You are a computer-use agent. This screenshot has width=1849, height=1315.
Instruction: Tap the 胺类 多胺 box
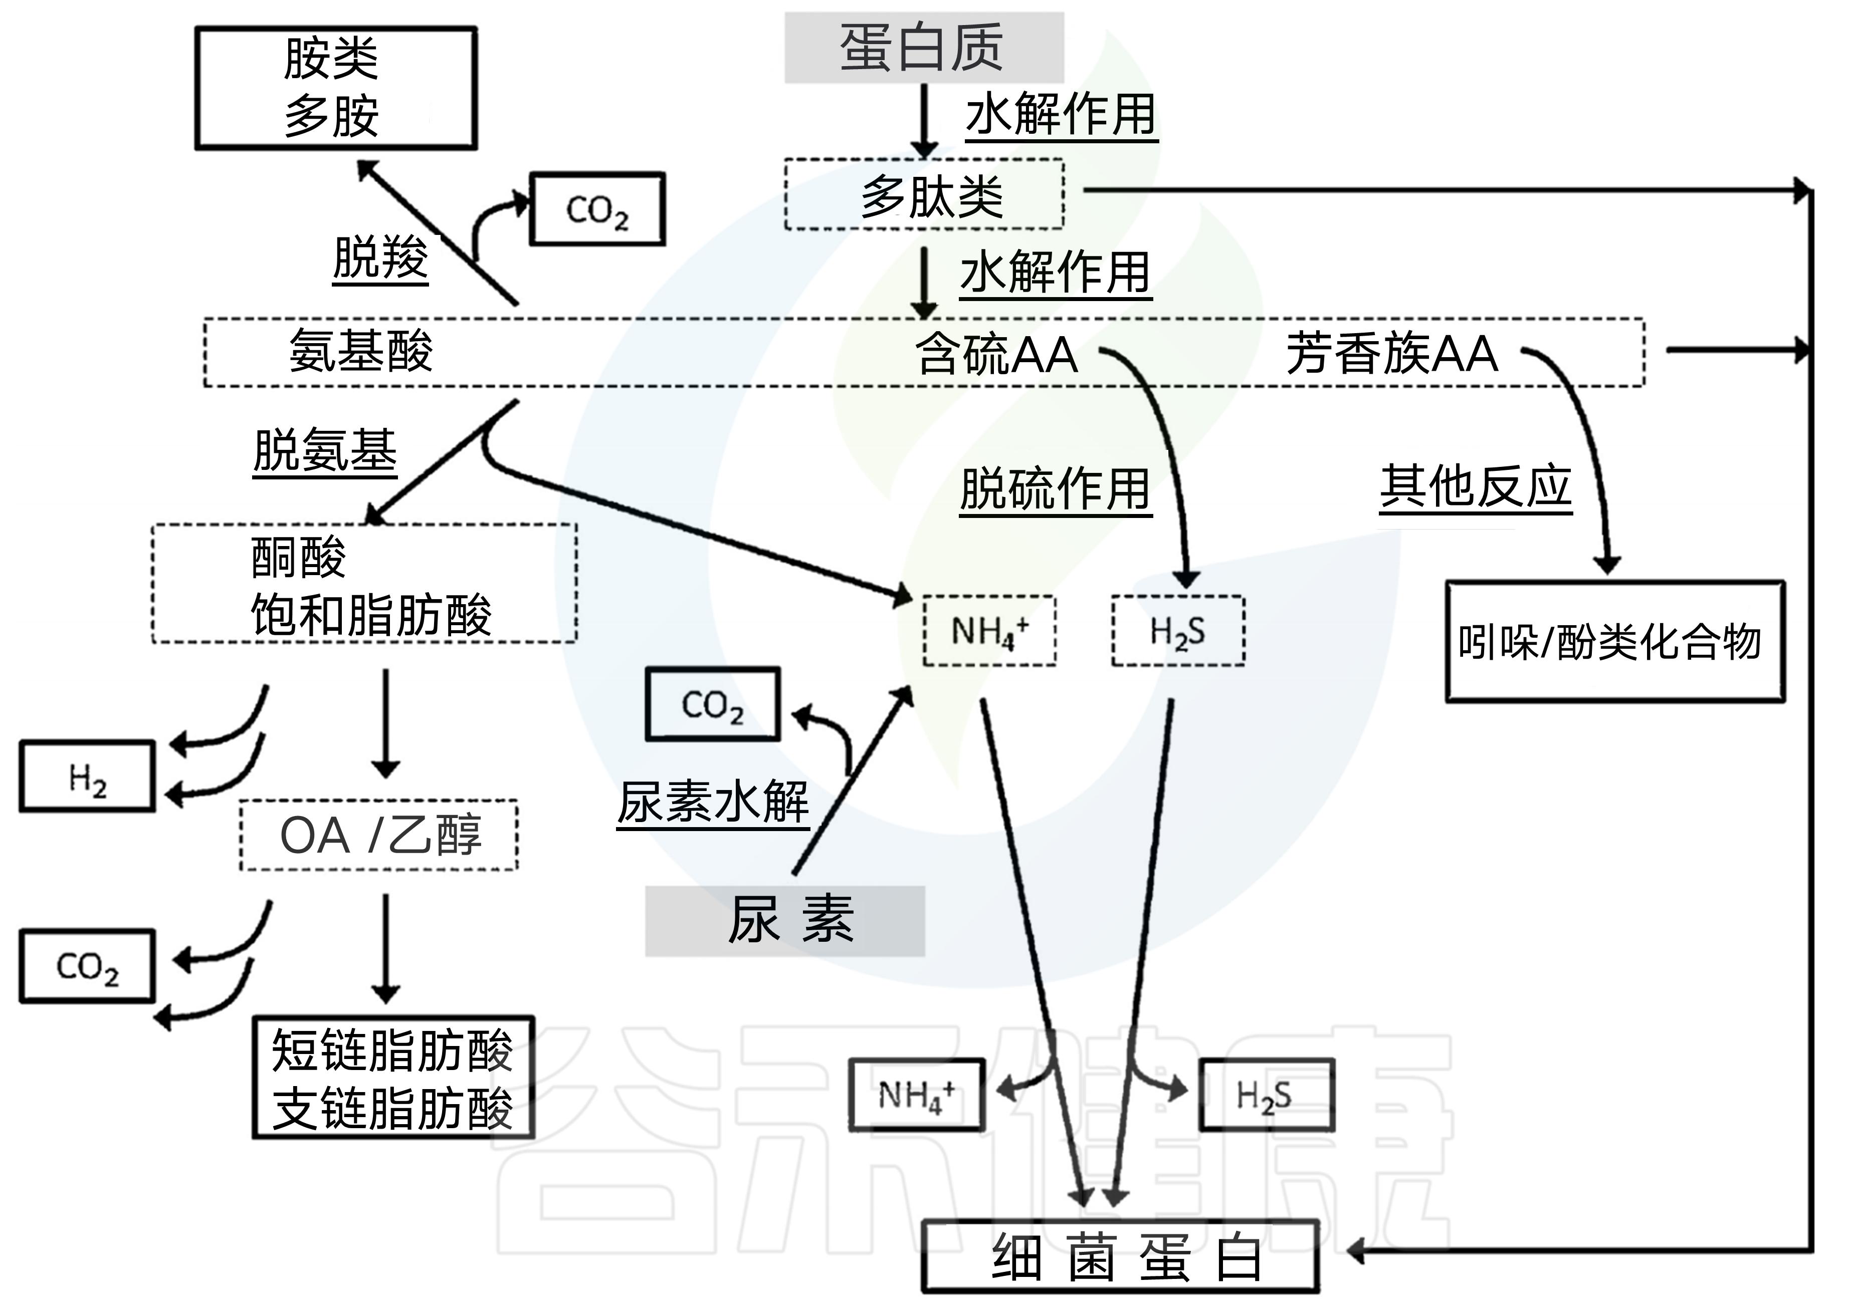pyautogui.click(x=335, y=88)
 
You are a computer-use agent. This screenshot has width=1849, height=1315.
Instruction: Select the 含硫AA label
pyautogui.click(x=996, y=354)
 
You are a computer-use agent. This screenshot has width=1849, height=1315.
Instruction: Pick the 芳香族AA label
pyautogui.click(x=1391, y=353)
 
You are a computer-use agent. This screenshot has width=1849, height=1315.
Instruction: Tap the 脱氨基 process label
pyautogui.click(x=325, y=451)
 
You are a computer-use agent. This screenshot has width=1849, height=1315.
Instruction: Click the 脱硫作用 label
pyautogui.click(x=1055, y=489)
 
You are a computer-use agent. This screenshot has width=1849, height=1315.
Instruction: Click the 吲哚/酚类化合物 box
pyautogui.click(x=1615, y=641)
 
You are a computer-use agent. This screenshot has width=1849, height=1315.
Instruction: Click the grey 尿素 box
pyautogui.click(x=784, y=921)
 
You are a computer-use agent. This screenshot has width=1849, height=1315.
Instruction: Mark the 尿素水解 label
pyautogui.click(x=713, y=803)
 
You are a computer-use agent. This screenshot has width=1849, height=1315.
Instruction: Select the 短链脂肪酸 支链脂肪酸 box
pyautogui.click(x=393, y=1078)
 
